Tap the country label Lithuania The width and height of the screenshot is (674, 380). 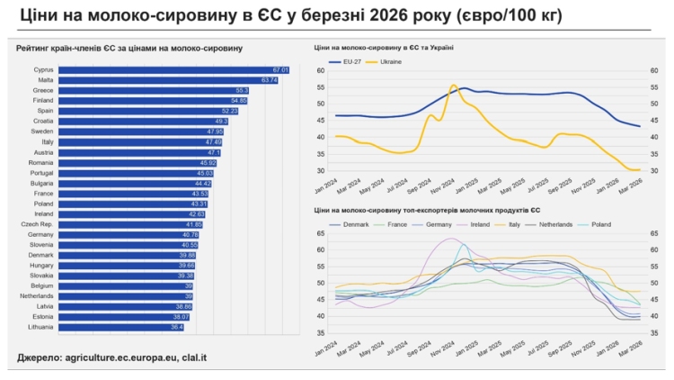40,327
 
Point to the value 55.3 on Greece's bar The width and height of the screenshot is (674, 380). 242,90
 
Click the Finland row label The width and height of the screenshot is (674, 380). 42,100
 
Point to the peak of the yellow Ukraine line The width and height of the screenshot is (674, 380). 454,86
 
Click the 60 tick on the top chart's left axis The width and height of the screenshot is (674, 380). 320,70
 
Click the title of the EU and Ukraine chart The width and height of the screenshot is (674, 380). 384,47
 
